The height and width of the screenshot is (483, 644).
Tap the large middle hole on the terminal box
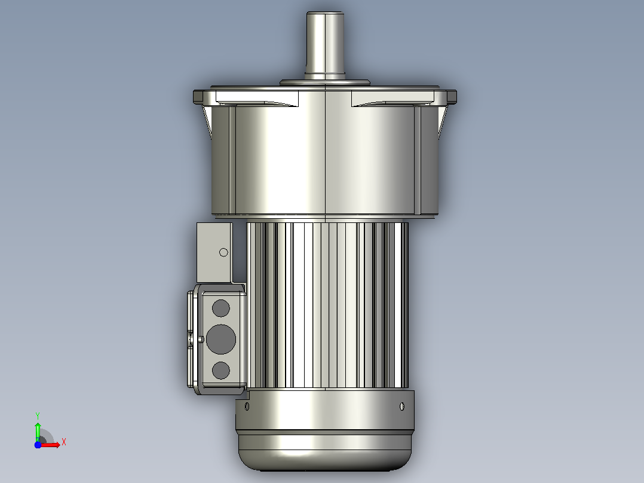coord(221,339)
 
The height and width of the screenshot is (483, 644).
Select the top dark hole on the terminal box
coord(221,308)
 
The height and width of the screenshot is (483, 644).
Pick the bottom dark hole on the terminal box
coord(221,371)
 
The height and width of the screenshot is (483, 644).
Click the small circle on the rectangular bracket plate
coord(224,252)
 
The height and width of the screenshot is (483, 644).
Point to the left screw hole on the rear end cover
coord(247,406)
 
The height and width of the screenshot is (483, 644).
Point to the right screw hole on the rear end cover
coord(401,406)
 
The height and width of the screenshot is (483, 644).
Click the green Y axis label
coord(38,416)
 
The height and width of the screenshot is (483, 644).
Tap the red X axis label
coord(64,442)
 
